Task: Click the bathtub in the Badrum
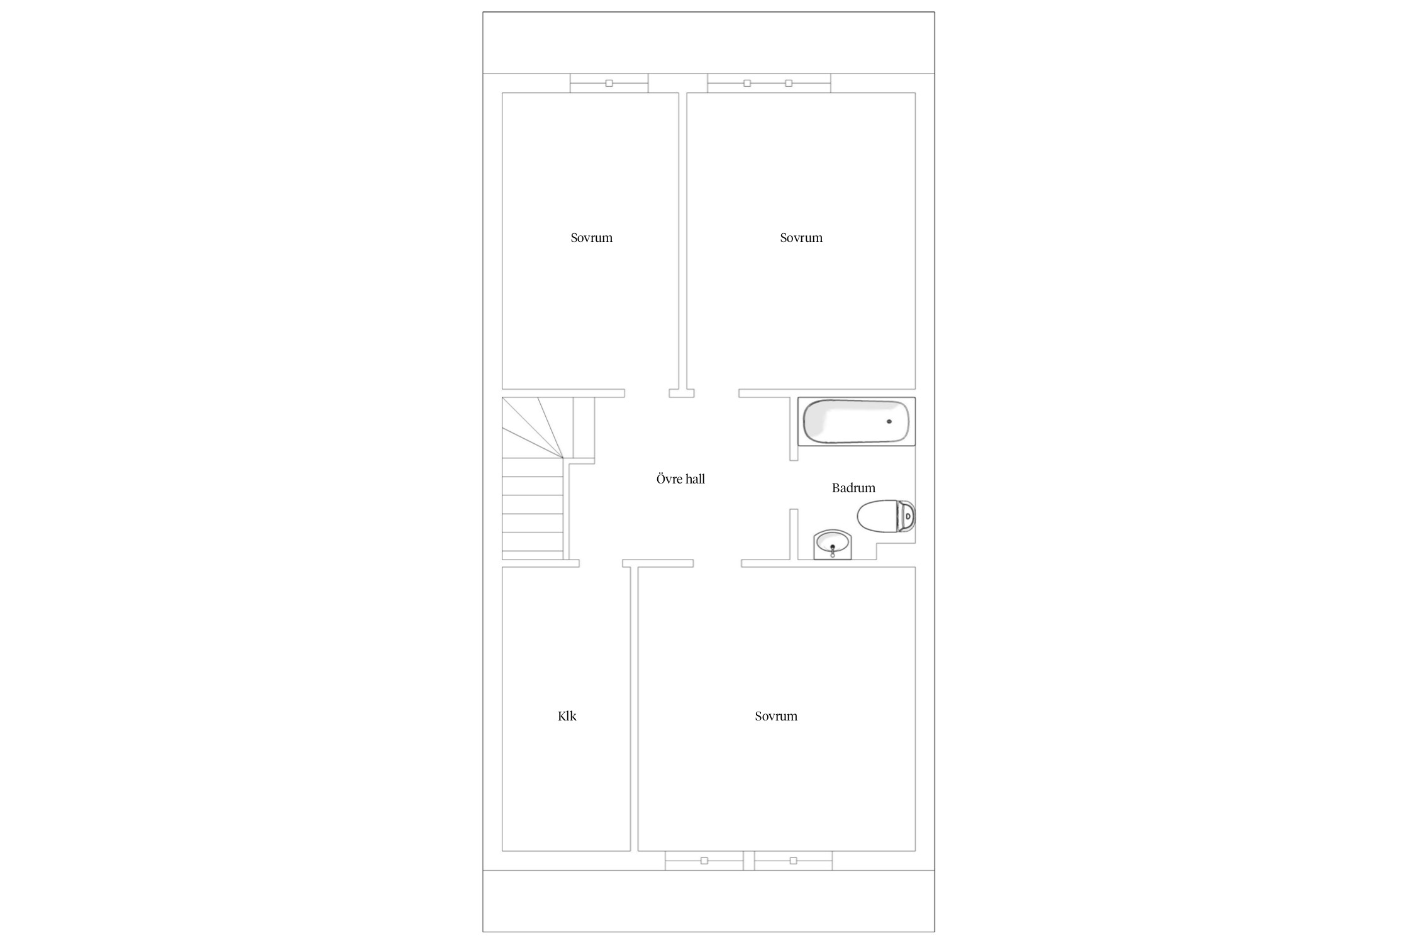(856, 421)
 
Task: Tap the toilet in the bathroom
(886, 516)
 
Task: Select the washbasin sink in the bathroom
(833, 544)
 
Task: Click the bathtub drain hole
(889, 421)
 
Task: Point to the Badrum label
(853, 488)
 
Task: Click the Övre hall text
(680, 479)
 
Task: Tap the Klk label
(567, 716)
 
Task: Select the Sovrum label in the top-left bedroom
(591, 238)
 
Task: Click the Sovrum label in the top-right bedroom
(801, 238)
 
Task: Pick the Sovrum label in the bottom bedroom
(776, 716)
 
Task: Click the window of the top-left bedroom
(609, 83)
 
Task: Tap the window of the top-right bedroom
(769, 83)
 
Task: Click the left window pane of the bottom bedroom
(704, 861)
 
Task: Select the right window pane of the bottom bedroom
(793, 861)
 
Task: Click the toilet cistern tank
(906, 516)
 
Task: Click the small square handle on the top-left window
(609, 83)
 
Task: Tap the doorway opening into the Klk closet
(601, 563)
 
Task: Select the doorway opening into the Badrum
(794, 485)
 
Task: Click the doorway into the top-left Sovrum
(646, 394)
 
